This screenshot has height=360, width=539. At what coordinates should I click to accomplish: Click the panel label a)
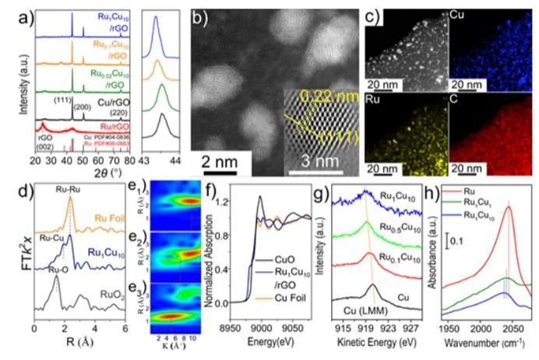10,13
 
